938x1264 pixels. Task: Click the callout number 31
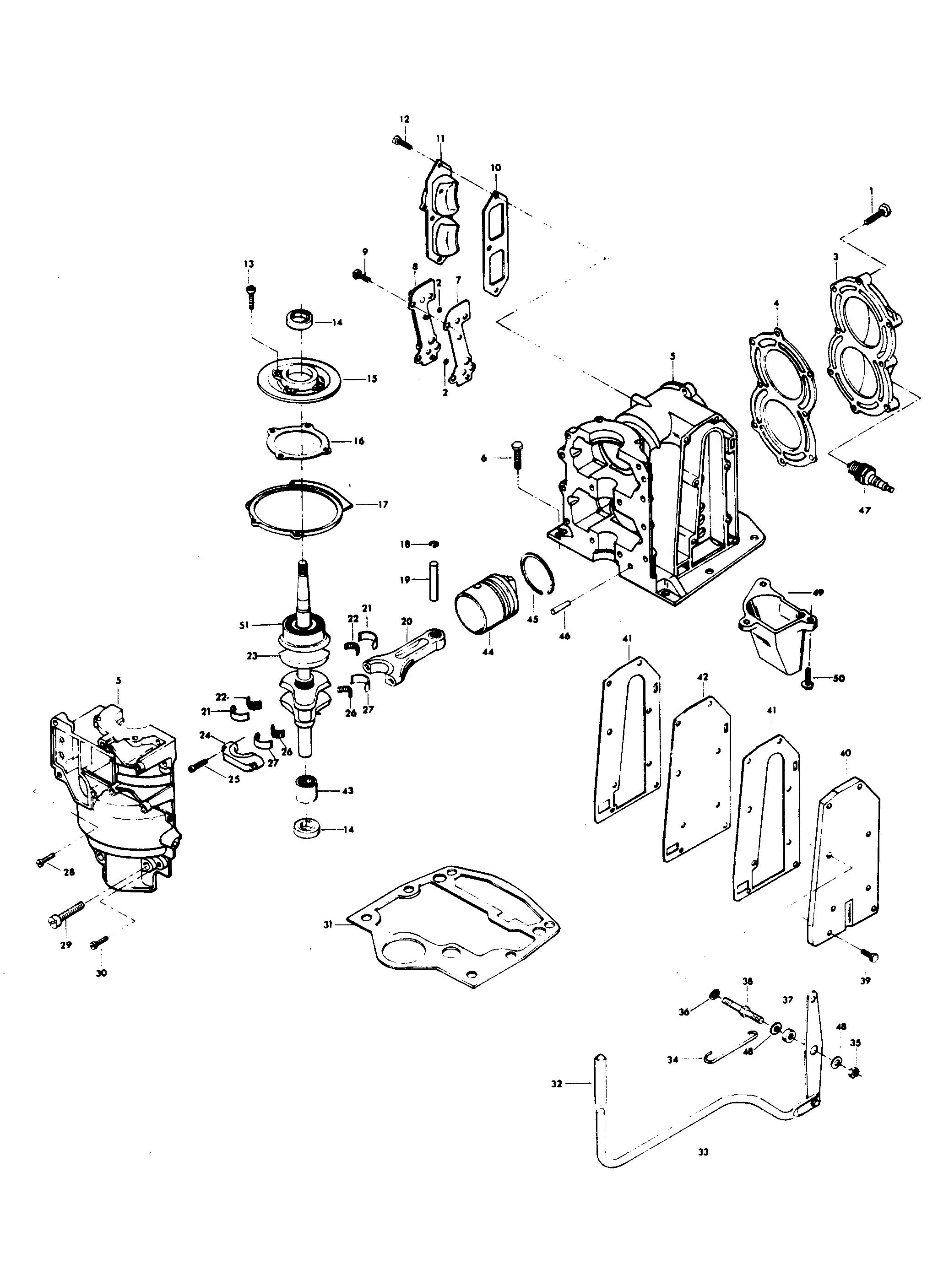[328, 924]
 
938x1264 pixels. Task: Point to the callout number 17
[383, 504]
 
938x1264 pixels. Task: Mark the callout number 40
[846, 753]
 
